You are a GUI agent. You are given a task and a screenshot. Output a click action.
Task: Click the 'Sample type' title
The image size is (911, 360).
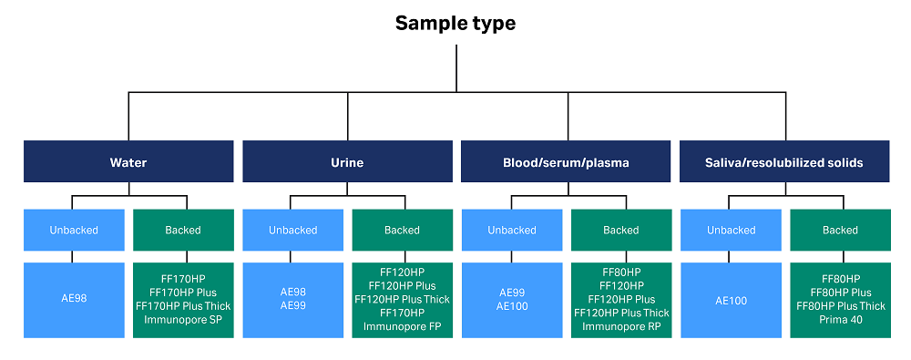(x=455, y=24)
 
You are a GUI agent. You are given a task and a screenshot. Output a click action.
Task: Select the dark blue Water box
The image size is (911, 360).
(x=128, y=163)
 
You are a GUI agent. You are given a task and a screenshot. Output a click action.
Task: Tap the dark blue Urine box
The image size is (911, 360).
(x=346, y=163)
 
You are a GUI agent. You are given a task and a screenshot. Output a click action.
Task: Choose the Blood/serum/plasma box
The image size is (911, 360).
(x=566, y=163)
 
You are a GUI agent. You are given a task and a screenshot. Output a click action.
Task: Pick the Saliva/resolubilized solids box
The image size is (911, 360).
(x=784, y=163)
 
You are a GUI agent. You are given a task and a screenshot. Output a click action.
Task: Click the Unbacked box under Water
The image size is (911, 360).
(x=74, y=230)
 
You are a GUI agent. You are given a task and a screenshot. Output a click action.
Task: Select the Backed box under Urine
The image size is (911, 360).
(x=402, y=230)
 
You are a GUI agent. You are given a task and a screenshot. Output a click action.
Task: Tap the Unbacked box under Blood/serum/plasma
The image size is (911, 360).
(x=511, y=230)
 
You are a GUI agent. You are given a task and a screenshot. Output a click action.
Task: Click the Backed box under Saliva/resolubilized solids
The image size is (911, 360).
(x=840, y=230)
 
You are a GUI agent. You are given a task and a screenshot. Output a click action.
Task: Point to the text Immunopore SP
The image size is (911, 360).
(x=183, y=320)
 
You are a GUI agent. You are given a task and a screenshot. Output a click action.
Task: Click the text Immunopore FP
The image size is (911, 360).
(x=402, y=326)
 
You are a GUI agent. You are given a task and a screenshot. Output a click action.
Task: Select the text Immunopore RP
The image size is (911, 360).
(x=620, y=326)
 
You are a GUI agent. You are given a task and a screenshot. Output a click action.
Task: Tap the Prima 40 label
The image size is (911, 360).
(x=840, y=320)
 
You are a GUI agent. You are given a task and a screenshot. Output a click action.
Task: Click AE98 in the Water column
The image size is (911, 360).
(x=74, y=299)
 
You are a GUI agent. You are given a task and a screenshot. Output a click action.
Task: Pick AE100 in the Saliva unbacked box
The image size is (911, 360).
(x=731, y=299)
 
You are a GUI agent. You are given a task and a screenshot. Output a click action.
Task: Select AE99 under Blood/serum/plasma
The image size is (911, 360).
(x=511, y=293)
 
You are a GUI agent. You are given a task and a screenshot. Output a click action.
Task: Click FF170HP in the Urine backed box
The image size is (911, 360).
(x=402, y=313)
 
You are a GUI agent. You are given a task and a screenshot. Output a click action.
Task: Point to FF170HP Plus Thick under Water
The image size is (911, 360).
(x=183, y=306)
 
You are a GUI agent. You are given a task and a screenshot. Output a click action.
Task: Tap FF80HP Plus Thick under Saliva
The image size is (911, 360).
(x=840, y=306)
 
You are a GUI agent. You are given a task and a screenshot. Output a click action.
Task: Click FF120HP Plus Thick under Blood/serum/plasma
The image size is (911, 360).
(x=620, y=313)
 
